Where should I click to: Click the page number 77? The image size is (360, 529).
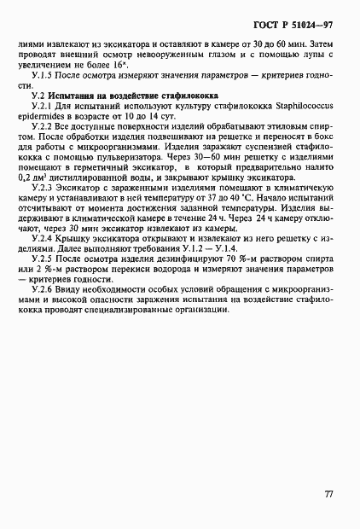click(x=328, y=493)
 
